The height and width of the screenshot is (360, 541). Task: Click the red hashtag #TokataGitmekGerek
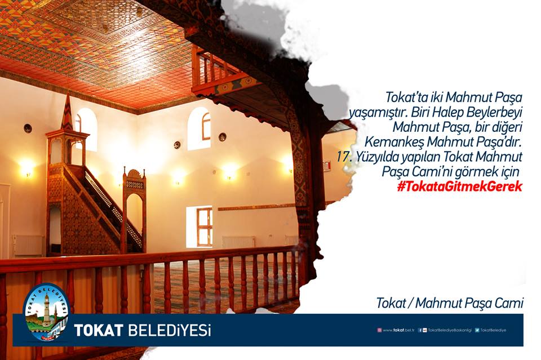[460, 186]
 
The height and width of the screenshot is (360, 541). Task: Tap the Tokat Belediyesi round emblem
[46, 313]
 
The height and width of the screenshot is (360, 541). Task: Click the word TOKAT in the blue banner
[99, 330]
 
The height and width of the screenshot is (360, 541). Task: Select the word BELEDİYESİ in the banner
[170, 330]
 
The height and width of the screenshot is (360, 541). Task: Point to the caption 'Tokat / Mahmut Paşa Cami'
[450, 303]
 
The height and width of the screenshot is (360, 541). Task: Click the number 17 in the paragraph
[343, 157]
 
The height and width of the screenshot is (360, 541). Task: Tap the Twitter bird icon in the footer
[477, 330]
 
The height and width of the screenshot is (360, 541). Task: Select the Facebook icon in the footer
[420, 330]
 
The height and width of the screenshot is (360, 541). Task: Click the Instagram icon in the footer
[379, 330]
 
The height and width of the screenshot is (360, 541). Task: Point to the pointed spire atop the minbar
[67, 112]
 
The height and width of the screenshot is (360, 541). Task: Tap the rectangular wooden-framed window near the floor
[204, 227]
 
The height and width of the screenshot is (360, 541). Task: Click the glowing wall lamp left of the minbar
[26, 168]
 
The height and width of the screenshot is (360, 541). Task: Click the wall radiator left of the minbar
[28, 246]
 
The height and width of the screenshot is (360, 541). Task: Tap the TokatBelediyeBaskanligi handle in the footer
[450, 330]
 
